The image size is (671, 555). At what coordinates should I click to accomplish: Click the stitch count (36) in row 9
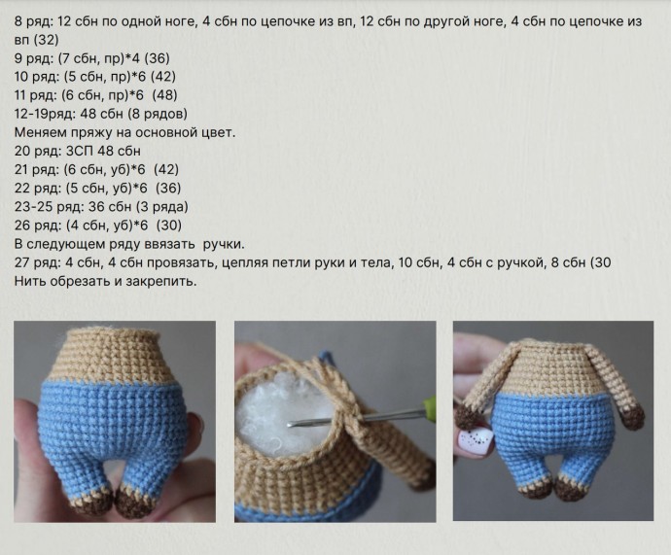tap(157, 58)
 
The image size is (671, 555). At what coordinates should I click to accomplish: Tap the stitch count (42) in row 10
tap(163, 77)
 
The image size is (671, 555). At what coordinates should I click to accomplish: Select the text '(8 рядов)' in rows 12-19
tap(159, 114)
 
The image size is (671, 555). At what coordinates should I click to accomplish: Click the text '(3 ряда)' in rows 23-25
tap(162, 206)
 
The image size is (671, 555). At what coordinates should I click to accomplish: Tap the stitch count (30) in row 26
tap(169, 225)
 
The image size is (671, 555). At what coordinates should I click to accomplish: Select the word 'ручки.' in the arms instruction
tap(224, 245)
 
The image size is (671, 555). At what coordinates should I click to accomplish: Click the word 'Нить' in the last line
tap(30, 281)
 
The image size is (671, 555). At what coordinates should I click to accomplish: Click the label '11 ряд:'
tap(36, 95)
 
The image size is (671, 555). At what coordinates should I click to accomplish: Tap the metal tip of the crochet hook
tap(291, 424)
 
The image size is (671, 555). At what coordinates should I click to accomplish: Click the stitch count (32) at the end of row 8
tap(47, 40)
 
